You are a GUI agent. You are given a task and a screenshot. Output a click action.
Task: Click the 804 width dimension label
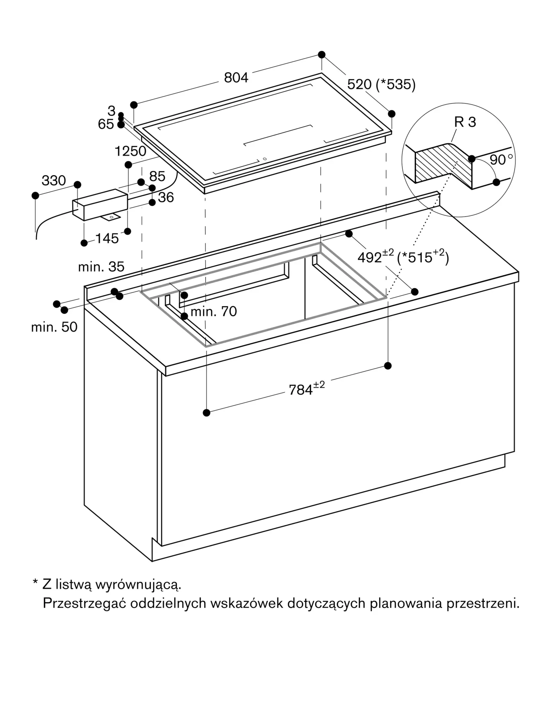[x=236, y=78]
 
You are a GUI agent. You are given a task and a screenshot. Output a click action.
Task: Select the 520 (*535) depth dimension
[x=381, y=84]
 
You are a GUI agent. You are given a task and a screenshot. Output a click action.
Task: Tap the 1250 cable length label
[x=130, y=151]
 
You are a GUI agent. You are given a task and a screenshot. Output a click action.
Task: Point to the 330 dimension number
[x=54, y=180]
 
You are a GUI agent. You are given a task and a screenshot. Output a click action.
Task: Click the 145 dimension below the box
[x=107, y=239]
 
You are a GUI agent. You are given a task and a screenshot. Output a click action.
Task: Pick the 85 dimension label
[x=157, y=176]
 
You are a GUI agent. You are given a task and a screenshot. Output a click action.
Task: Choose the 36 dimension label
[x=166, y=197]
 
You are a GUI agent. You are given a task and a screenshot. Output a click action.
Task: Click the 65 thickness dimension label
[x=106, y=124]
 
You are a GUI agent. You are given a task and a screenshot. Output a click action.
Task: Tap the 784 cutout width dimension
[x=306, y=388]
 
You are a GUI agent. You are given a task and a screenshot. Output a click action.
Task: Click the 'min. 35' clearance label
[x=101, y=267]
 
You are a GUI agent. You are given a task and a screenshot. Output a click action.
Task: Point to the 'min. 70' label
[x=213, y=312]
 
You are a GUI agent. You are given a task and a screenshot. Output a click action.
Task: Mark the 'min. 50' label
[x=54, y=327]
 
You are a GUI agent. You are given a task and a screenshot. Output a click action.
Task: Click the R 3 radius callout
[x=465, y=122]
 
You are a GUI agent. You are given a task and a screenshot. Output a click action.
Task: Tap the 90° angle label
[x=501, y=159]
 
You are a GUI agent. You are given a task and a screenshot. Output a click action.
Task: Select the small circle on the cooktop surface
[x=265, y=159]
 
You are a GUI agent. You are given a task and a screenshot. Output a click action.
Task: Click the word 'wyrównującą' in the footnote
[x=138, y=586]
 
